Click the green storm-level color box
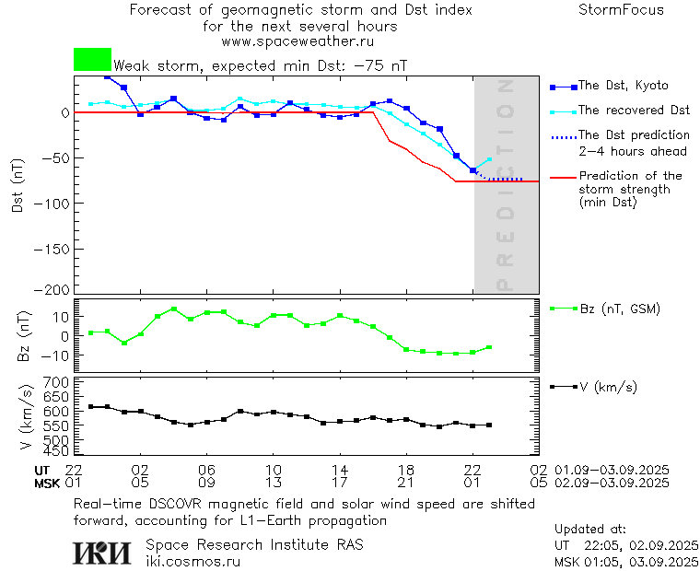pyautogui.click(x=92, y=60)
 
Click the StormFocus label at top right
pyautogui.click(x=621, y=10)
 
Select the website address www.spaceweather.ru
pyautogui.click(x=297, y=41)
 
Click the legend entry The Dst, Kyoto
pyautogui.click(x=623, y=86)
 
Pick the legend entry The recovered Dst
pyautogui.click(x=634, y=111)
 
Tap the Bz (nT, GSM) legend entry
pyautogui.click(x=619, y=309)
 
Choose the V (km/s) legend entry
pyautogui.click(x=608, y=387)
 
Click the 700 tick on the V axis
pyautogui.click(x=57, y=382)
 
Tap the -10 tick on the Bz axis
pyautogui.click(x=57, y=355)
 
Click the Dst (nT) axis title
pyautogui.click(x=17, y=188)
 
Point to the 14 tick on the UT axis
pyautogui.click(x=340, y=470)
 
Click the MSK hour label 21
pyautogui.click(x=406, y=482)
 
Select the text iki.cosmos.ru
pyautogui.click(x=192, y=561)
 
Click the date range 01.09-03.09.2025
pyautogui.click(x=612, y=470)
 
